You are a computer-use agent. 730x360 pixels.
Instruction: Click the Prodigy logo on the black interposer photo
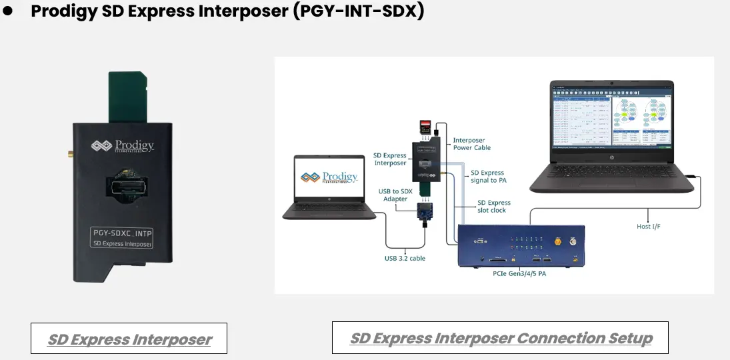click(123, 146)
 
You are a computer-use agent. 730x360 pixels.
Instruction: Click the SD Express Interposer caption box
click(129, 339)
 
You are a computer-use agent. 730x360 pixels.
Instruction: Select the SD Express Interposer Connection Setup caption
click(500, 338)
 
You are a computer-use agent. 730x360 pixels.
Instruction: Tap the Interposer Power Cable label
click(472, 144)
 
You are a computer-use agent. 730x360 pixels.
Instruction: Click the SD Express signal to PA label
click(487, 177)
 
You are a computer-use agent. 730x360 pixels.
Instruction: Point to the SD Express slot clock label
click(494, 206)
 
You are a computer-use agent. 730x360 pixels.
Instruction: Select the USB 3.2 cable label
click(405, 258)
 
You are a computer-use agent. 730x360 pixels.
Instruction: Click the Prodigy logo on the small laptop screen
click(329, 177)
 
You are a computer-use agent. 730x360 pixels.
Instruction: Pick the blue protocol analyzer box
click(521, 245)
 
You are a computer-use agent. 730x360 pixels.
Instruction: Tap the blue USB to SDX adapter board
click(425, 211)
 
